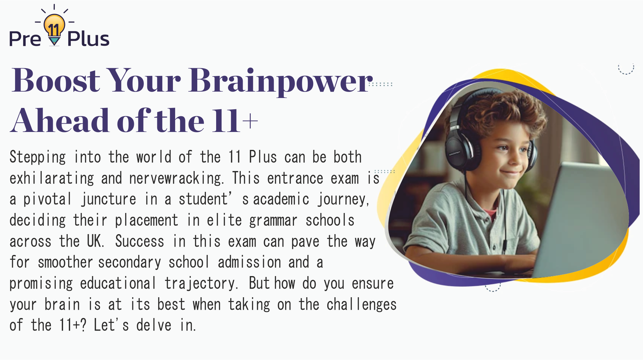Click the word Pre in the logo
25,39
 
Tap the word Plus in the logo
88,39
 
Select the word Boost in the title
56,81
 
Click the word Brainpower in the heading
281,81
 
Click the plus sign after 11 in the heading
250,122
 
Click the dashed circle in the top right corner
626,68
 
